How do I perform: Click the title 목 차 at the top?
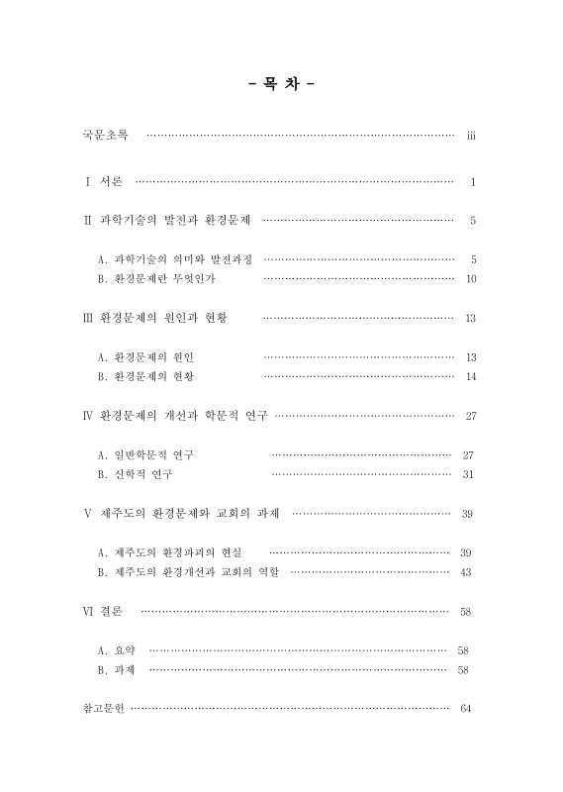pyautogui.click(x=280, y=86)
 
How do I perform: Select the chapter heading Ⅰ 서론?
pyautogui.click(x=104, y=182)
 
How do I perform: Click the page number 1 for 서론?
pyautogui.click(x=474, y=183)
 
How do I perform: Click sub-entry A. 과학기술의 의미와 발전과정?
pyautogui.click(x=174, y=259)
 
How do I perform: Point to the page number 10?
pyautogui.click(x=471, y=279)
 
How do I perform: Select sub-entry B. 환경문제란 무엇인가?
pyautogui.click(x=156, y=279)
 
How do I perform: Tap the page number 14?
pyautogui.click(x=471, y=376)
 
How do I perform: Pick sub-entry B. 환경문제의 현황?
pyautogui.click(x=145, y=376)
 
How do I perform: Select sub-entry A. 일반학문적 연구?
pyautogui.click(x=145, y=454)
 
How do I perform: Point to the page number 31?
pyautogui.click(x=469, y=474)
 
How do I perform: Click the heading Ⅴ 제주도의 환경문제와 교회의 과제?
pyautogui.click(x=181, y=514)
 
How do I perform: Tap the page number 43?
pyautogui.click(x=466, y=572)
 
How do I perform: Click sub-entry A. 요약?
pyautogui.click(x=117, y=650)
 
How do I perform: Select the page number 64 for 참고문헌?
pyautogui.click(x=466, y=709)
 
